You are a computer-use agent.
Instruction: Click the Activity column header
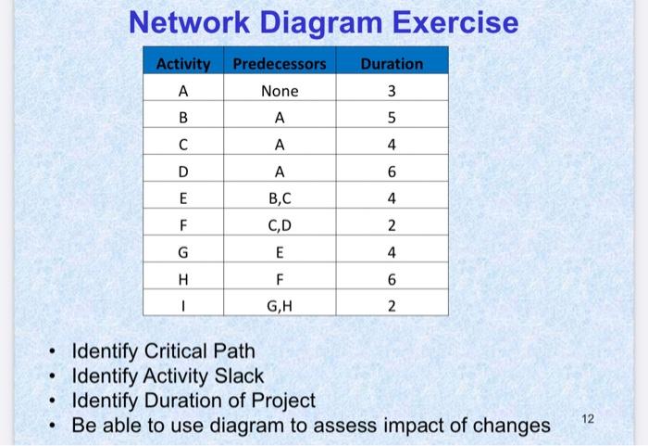(183, 64)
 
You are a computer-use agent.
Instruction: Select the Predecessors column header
(280, 64)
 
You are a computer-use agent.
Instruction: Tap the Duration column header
(392, 64)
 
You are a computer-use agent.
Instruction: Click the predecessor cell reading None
(280, 92)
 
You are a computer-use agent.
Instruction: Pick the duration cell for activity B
(392, 119)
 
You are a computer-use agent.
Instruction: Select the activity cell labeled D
(183, 172)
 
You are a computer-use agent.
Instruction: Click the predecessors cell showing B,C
(280, 198)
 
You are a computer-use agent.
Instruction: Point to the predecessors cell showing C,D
(280, 223)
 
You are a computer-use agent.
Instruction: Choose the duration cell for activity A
(392, 92)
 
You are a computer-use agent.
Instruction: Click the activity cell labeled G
(183, 250)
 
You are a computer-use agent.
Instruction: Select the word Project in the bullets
(279, 401)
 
